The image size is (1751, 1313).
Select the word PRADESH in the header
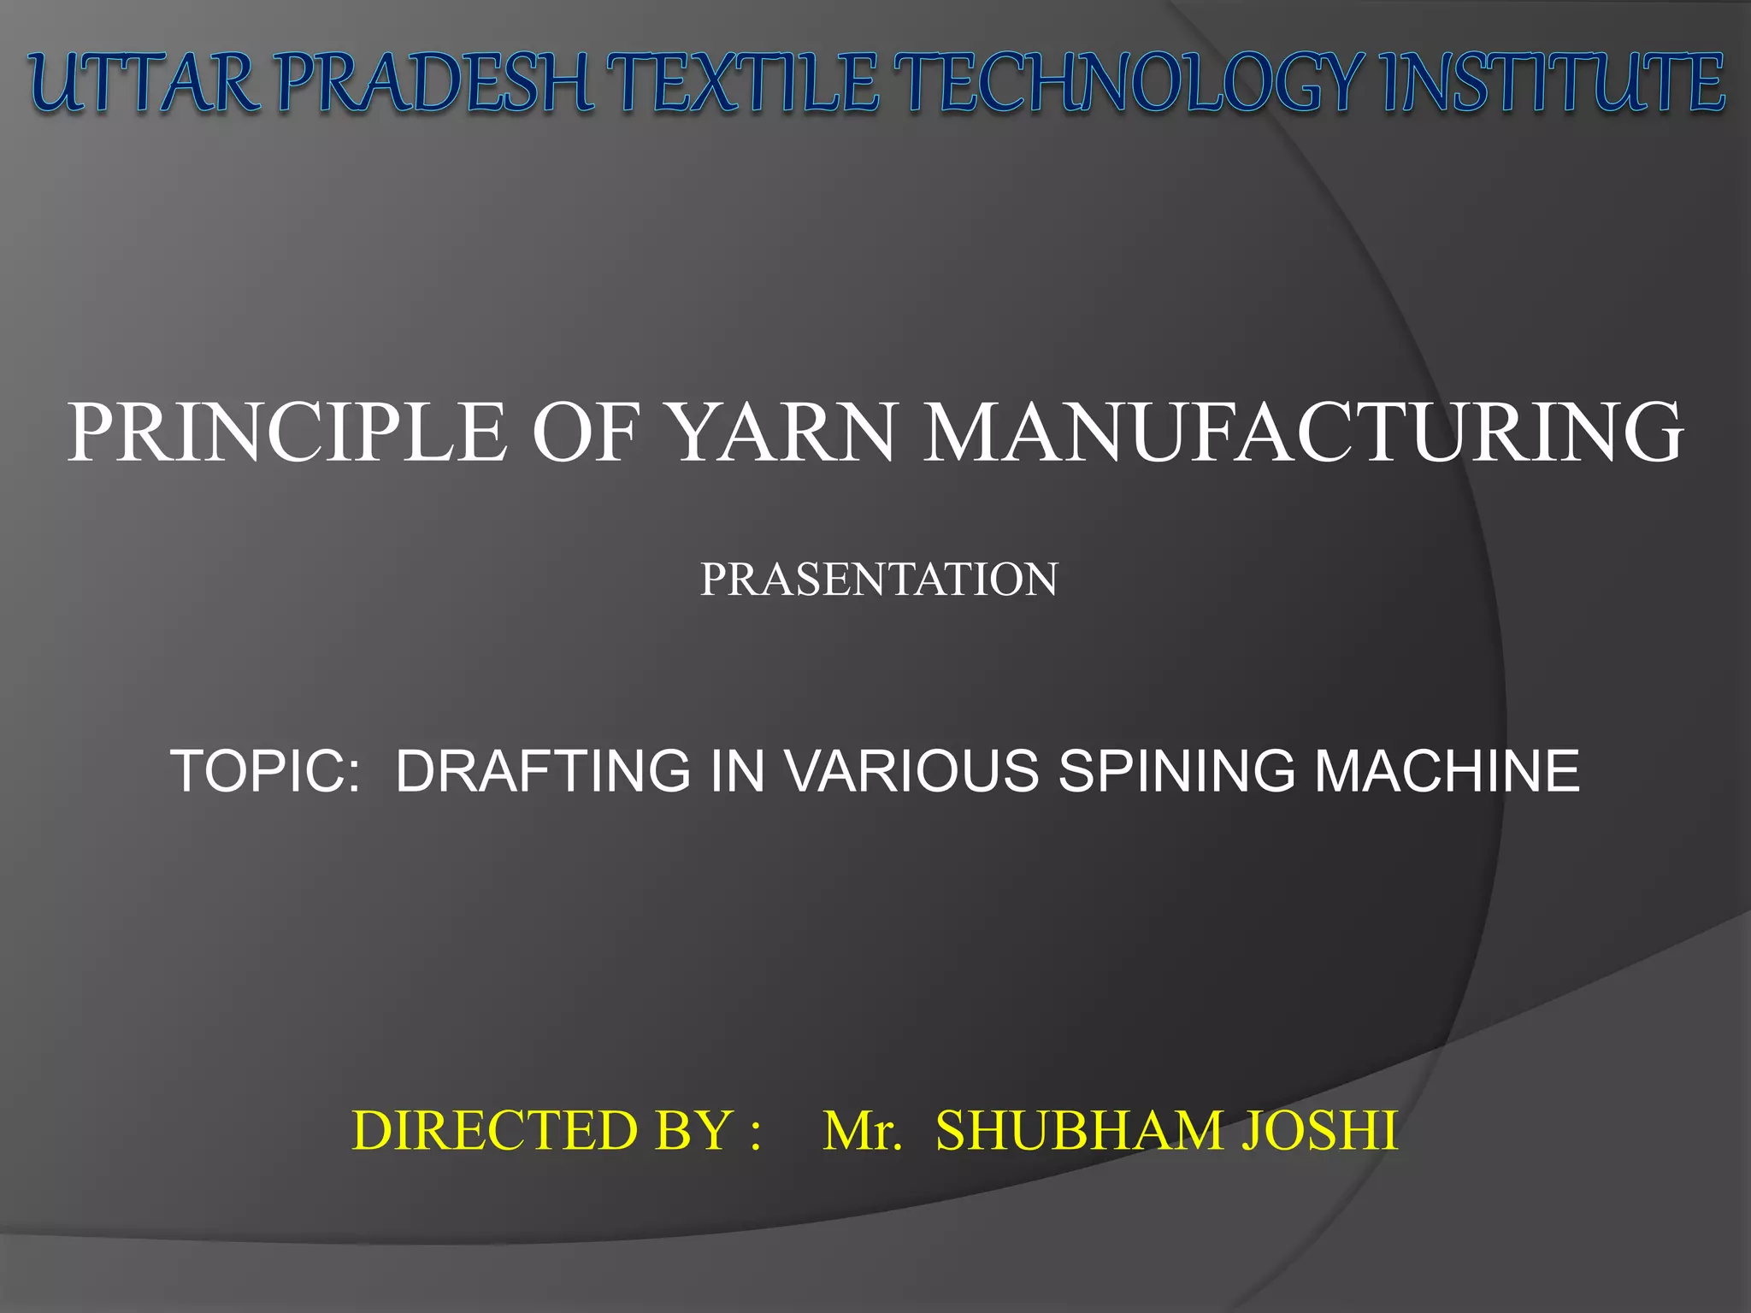click(x=435, y=83)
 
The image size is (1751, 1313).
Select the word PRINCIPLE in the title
click(x=287, y=433)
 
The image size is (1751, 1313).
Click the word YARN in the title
click(x=783, y=433)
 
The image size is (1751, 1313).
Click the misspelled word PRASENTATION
click(x=879, y=580)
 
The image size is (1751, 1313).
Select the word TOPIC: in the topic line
click(x=266, y=771)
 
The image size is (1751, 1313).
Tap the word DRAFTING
click(x=543, y=771)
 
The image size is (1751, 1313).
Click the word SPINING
click(x=1176, y=771)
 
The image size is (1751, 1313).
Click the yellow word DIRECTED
click(x=497, y=1131)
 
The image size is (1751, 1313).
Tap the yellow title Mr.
click(x=862, y=1131)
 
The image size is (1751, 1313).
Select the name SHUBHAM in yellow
click(x=1079, y=1131)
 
